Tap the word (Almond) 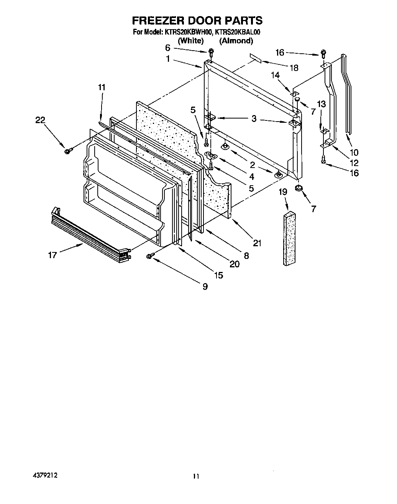[236, 41]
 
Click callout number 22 [40, 120]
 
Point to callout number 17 [52, 255]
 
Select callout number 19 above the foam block [283, 192]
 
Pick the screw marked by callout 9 [150, 255]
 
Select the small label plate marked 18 [256, 58]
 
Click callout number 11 [101, 87]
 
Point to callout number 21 [257, 243]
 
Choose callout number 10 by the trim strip [354, 153]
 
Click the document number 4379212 [44, 475]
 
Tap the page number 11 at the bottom [196, 477]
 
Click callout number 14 [276, 76]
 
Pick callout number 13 [321, 104]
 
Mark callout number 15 [218, 275]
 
